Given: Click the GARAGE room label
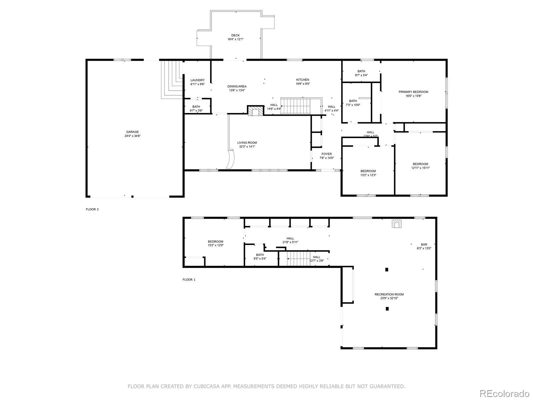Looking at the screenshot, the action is (x=132, y=132).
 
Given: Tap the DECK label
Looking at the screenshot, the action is (x=235, y=35).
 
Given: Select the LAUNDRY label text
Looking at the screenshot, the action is (x=198, y=80).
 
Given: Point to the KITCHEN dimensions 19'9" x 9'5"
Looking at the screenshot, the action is (x=302, y=84).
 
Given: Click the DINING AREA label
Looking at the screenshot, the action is (x=237, y=86).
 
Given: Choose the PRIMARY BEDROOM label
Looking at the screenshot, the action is (x=413, y=92).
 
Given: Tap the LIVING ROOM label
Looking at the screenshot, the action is (x=247, y=143).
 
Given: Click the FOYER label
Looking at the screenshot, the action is (x=326, y=154).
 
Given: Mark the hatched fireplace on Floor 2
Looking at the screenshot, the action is (x=256, y=111).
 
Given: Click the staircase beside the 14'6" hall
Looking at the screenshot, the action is (x=296, y=106).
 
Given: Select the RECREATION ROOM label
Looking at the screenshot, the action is (x=389, y=294).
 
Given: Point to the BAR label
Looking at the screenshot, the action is (x=424, y=245).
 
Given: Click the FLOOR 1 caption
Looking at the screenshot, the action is (x=189, y=280).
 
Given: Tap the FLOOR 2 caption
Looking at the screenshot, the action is (x=92, y=209).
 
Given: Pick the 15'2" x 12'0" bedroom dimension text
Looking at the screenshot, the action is (x=216, y=245).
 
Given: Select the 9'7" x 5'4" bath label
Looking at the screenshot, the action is (x=361, y=75).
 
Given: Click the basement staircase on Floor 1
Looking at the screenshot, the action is (x=299, y=259).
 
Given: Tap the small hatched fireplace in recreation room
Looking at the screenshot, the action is (x=396, y=224).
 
